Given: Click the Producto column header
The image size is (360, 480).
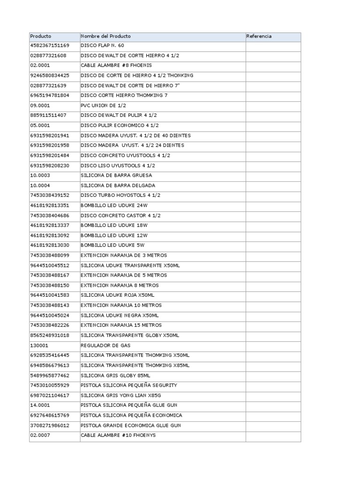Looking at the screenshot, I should pos(41,36).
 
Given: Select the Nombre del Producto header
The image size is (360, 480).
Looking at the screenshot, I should pos(106,36).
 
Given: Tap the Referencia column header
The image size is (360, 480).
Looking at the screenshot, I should pos(259,36).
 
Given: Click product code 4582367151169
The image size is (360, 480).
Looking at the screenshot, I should pos(50,45).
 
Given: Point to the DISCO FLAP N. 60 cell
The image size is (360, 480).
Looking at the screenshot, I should pos(103,45).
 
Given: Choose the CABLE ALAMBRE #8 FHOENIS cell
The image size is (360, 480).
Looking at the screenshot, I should pos(116,66).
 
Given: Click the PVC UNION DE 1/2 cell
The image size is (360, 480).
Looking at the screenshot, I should pos(103,105).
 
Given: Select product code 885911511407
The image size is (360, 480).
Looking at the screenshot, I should pos(48,115).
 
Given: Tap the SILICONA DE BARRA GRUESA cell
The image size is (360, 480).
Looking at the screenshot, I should pos(116,175).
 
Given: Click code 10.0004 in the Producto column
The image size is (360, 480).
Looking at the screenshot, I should pos(40,185).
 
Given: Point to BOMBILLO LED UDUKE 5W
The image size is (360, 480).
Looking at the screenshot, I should pos(113,245).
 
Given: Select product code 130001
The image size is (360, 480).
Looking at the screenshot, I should pos(38,345).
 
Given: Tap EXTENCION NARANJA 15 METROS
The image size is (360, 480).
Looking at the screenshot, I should pos(121,325).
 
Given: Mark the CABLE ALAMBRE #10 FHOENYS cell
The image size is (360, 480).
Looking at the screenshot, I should pos(118,435).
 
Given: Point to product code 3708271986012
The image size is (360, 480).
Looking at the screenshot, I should pos(50,426).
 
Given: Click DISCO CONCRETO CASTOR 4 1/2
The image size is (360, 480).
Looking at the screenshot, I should pos(120,215).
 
